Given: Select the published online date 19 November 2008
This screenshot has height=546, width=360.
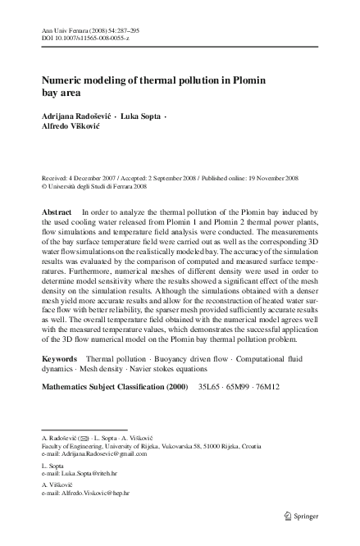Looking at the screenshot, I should (266, 177).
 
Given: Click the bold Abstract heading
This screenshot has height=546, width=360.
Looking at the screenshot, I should (57, 212).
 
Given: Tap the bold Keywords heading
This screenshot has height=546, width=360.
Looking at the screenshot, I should (59, 382).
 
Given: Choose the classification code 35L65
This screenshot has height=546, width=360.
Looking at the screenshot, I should (203, 407).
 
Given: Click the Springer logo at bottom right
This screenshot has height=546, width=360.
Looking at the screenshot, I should (301, 517).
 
